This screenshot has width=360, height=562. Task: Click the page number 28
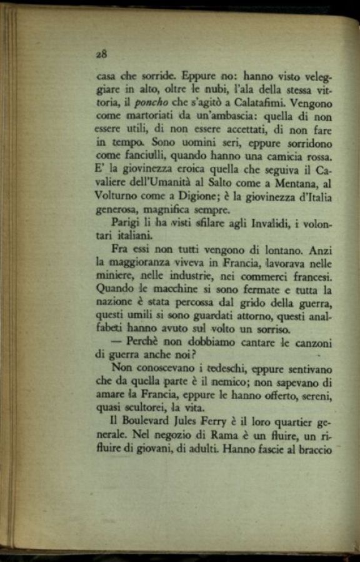pos(102,54)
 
